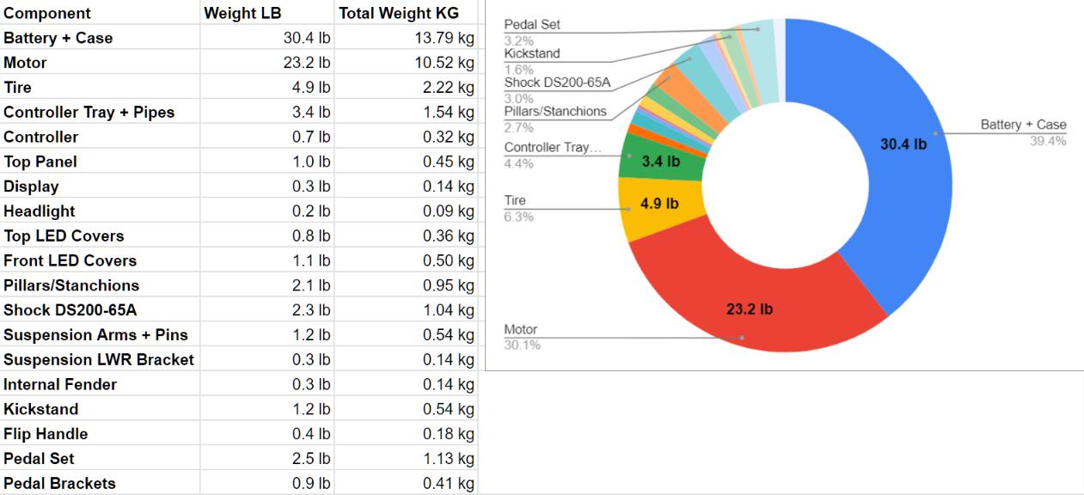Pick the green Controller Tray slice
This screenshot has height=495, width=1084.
pyautogui.click(x=658, y=161)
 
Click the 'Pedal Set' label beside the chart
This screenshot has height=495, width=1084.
pyautogui.click(x=532, y=25)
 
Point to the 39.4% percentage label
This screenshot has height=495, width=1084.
pyautogui.click(x=1048, y=141)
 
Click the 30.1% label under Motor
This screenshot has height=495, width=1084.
pyautogui.click(x=521, y=345)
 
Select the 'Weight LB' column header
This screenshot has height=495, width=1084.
pyautogui.click(x=242, y=13)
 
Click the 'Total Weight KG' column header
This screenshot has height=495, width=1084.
pyautogui.click(x=399, y=13)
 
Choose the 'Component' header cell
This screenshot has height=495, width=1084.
pyautogui.click(x=47, y=13)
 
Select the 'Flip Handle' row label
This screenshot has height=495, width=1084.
pyautogui.click(x=46, y=434)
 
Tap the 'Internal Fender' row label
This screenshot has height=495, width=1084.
pyautogui.click(x=60, y=384)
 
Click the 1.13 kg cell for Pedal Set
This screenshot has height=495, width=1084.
pyautogui.click(x=448, y=459)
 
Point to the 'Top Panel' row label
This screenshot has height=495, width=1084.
pyautogui.click(x=40, y=162)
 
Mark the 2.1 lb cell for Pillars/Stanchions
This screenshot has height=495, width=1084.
pyautogui.click(x=315, y=285)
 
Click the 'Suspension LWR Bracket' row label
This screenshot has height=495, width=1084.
pyautogui.click(x=99, y=359)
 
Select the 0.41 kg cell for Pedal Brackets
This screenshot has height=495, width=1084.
pyautogui.click(x=448, y=484)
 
